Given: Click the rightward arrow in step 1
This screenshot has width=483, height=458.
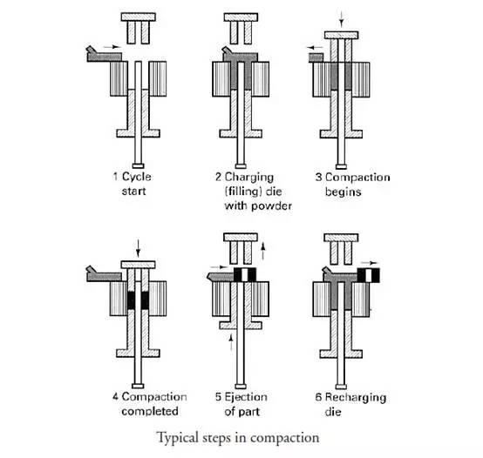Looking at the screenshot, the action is (x=112, y=47).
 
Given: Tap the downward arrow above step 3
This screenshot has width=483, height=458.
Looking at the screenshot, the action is (x=341, y=19).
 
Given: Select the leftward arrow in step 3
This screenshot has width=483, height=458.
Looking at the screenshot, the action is (x=315, y=48).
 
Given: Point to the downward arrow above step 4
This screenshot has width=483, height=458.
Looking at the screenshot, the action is (x=138, y=248).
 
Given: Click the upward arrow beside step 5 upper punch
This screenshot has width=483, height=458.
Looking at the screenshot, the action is (x=262, y=251).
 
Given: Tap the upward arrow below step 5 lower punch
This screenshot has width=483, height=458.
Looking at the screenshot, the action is (x=231, y=343).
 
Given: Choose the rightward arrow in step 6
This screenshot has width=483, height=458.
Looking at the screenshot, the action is (x=369, y=263).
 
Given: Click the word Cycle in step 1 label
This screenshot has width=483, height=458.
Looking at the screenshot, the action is (x=137, y=177).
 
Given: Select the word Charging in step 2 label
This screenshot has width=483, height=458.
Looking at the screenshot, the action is (x=248, y=178).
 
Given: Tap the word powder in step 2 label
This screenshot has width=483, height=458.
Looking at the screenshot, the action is (x=271, y=205).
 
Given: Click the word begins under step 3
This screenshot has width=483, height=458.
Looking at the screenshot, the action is (x=343, y=192).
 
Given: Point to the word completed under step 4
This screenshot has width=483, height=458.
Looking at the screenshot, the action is (x=150, y=411).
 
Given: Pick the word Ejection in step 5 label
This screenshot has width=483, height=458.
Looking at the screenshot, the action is (x=246, y=397).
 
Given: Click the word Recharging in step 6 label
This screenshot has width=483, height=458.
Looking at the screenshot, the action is (x=356, y=397).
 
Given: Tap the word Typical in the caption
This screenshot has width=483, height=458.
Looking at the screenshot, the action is (x=177, y=437).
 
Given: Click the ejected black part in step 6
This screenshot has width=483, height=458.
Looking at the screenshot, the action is (x=369, y=275).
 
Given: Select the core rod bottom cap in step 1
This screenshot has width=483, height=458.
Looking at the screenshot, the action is (x=138, y=166).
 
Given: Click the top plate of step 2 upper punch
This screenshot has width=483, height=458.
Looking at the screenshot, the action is (x=241, y=17).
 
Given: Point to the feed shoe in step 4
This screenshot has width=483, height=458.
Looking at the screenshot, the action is (x=104, y=275).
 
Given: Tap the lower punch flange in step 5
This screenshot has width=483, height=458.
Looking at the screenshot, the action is (x=241, y=326).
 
